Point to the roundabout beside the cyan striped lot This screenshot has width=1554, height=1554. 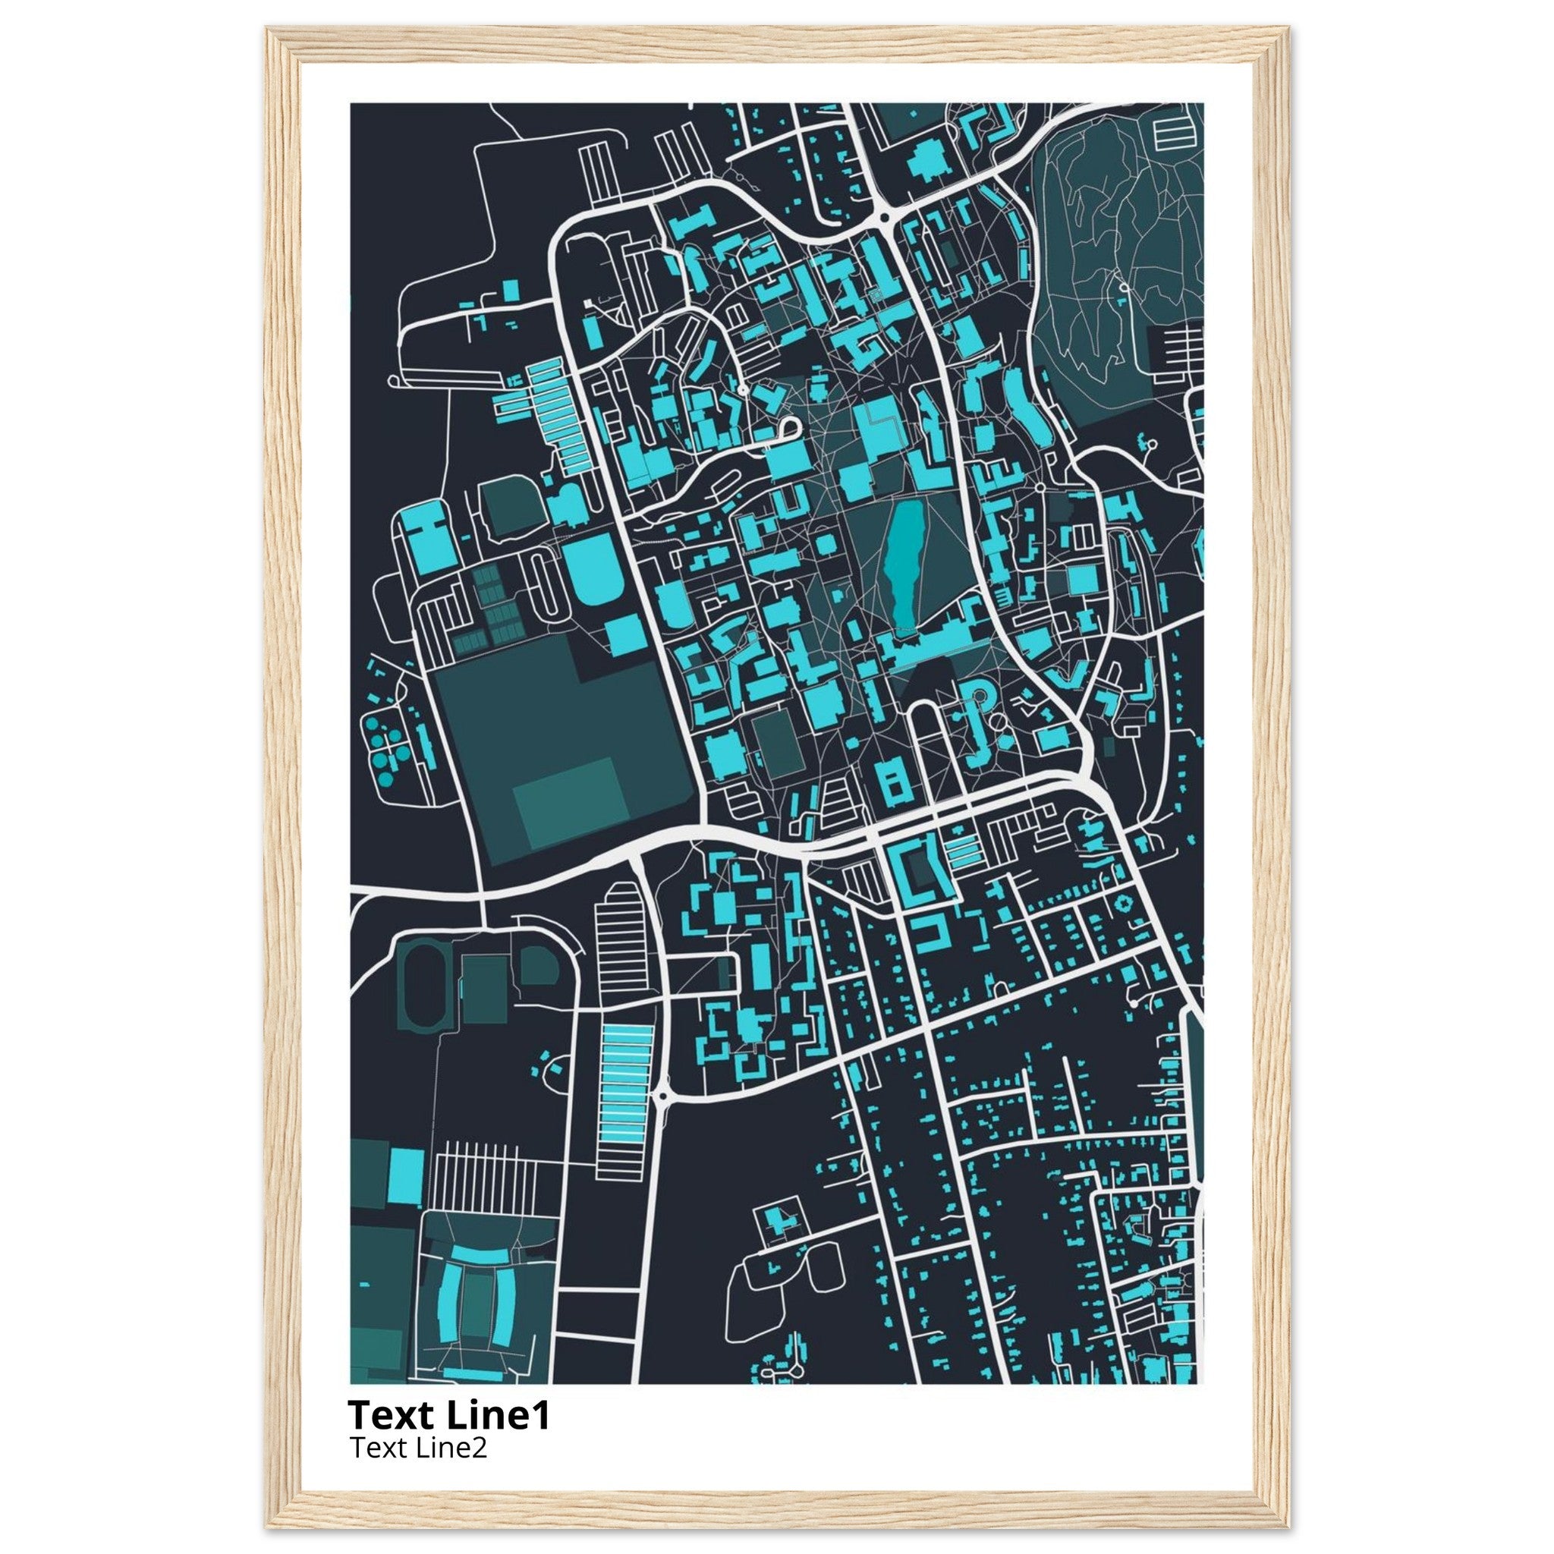(662, 1096)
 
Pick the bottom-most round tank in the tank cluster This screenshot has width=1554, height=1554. (386, 778)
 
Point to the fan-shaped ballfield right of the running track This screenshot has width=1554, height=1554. (536, 965)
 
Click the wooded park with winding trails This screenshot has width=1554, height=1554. (1110, 266)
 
